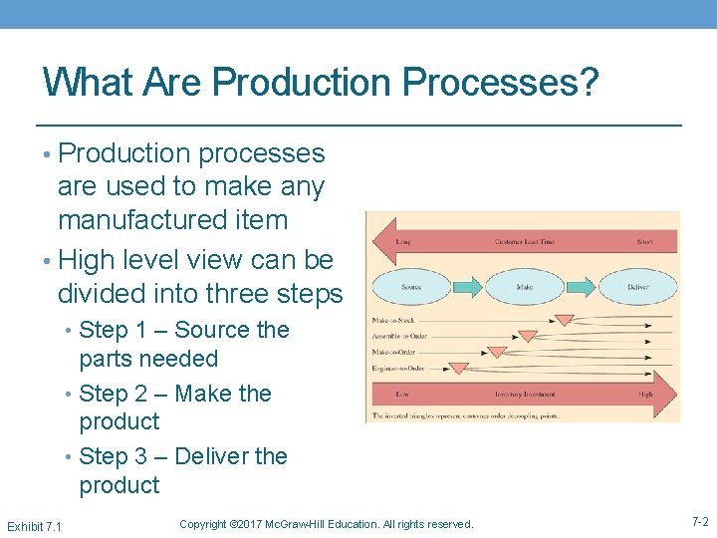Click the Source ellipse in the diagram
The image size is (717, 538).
410,287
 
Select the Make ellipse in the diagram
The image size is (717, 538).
524,287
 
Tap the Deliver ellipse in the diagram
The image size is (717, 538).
637,287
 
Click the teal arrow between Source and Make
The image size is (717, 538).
467,287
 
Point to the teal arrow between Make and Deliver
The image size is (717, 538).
581,287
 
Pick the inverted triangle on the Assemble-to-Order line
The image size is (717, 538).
528,337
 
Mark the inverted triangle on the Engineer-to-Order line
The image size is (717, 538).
458,368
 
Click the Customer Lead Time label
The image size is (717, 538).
525,242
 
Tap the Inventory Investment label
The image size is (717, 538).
525,396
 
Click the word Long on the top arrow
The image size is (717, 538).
403,242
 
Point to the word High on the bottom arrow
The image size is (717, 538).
645,396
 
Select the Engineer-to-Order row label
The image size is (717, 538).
397,368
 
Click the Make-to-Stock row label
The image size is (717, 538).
393,321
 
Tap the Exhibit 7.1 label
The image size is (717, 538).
34,525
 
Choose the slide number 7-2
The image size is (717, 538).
699,522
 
